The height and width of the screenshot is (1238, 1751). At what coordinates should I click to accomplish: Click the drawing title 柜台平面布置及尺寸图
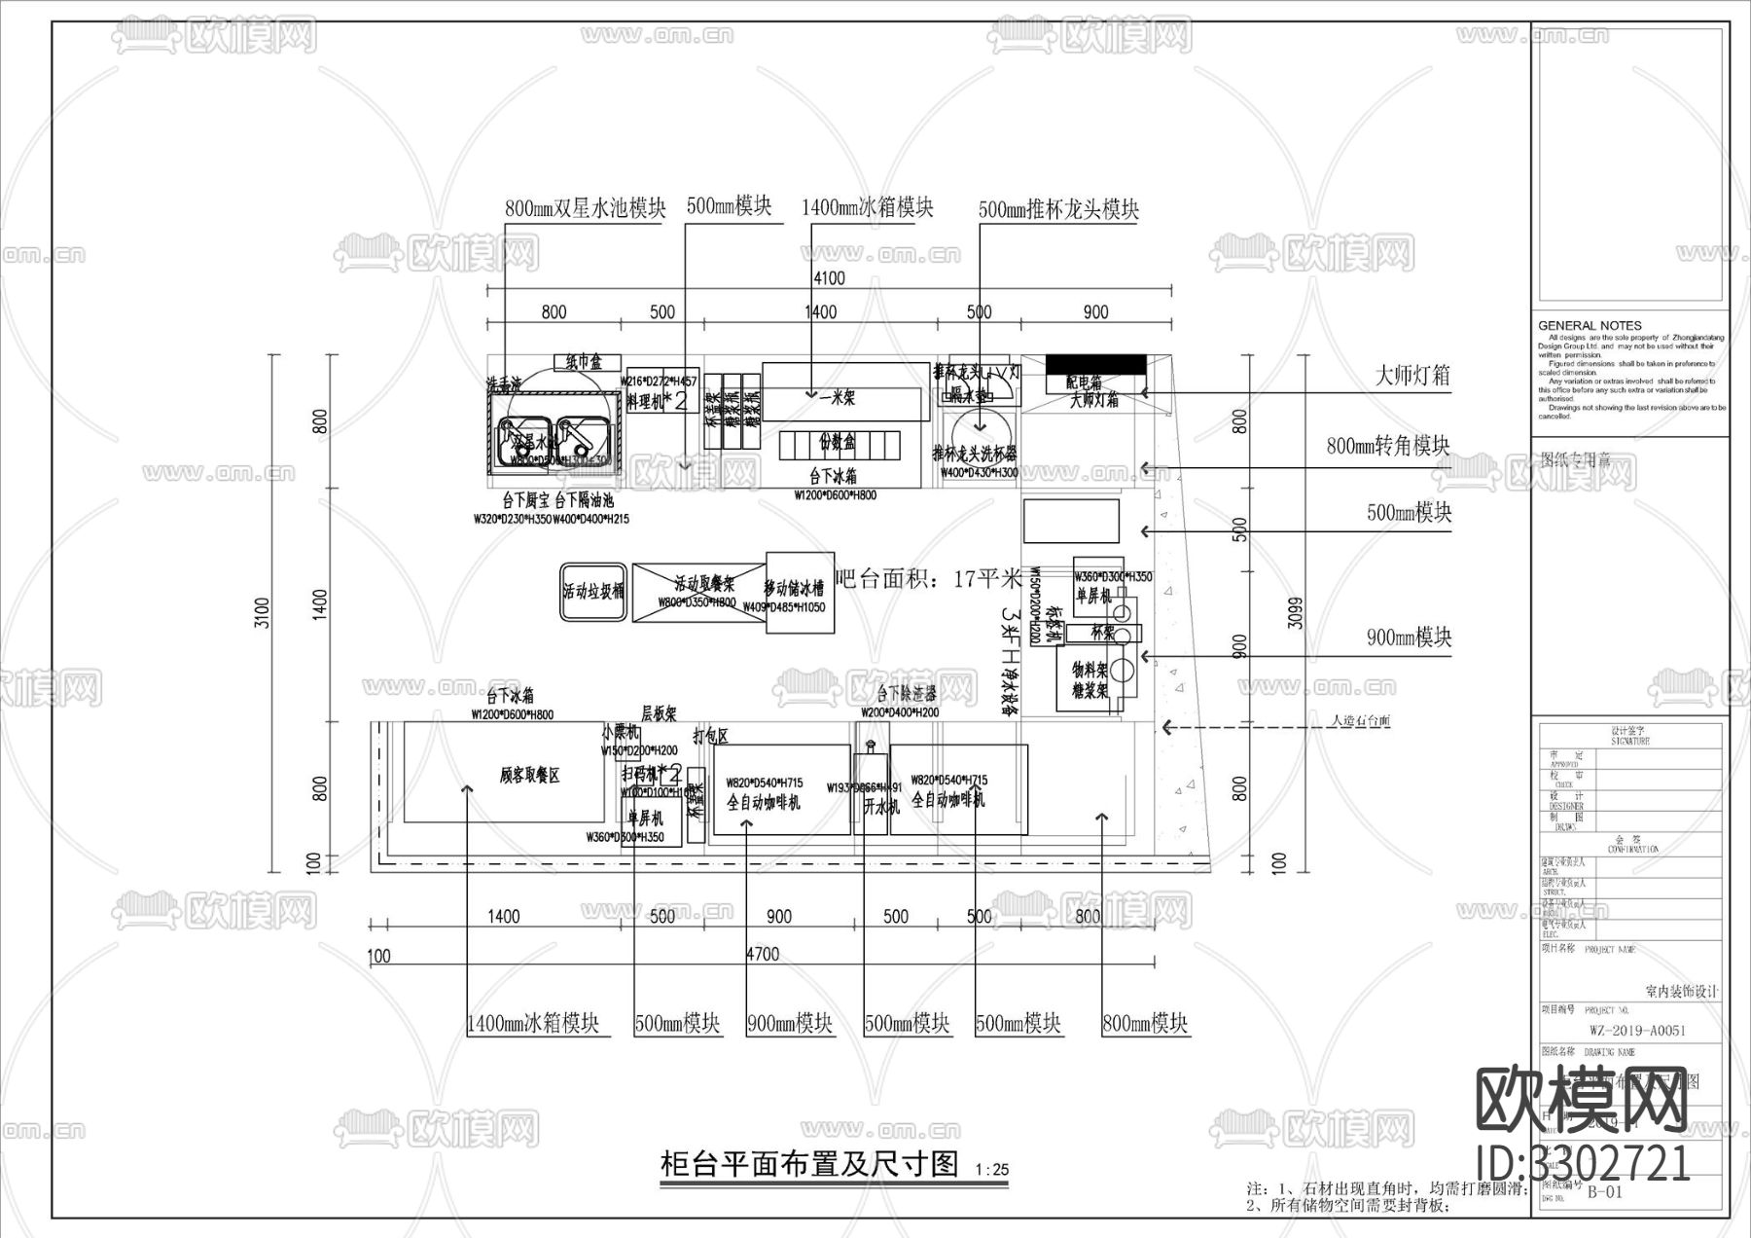point(809,1164)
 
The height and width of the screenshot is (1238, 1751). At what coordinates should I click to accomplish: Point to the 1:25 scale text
point(991,1170)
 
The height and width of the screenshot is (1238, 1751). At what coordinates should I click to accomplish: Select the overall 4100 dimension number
point(829,278)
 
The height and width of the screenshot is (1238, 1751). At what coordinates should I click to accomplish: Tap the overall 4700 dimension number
point(762,954)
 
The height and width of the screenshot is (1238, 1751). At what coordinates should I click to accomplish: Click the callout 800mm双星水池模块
point(585,208)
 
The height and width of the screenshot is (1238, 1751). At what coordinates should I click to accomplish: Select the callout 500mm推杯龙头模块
point(1058,208)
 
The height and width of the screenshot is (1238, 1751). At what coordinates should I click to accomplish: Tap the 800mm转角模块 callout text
point(1388,446)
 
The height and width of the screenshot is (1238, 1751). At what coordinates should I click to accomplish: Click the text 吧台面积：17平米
point(928,580)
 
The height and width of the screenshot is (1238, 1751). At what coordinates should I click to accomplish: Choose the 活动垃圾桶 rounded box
point(593,592)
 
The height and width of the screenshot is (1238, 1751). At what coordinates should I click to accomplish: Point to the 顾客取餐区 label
point(530,776)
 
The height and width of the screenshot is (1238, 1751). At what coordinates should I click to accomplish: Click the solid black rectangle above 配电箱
point(1095,363)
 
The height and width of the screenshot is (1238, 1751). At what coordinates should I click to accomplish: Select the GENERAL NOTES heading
point(1590,326)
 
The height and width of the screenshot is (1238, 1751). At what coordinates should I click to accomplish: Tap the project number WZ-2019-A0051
point(1637,1030)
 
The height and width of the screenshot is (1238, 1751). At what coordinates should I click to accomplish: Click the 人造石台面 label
point(1360,722)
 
